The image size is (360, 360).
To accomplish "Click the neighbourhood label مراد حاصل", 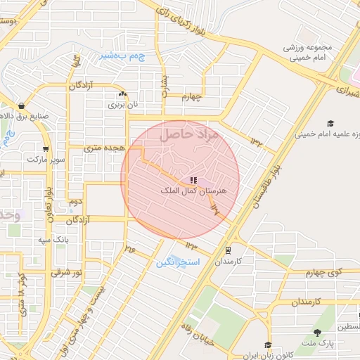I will pyautogui.click(x=190, y=134).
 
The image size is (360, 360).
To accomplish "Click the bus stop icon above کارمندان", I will pyautogui.click(x=227, y=250).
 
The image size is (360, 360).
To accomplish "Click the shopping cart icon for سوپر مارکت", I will pyautogui.click(x=46, y=149).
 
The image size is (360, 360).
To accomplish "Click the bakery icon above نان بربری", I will pyautogui.click(x=124, y=93).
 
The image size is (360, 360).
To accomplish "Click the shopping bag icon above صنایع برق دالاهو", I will pyautogui.click(x=21, y=105).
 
